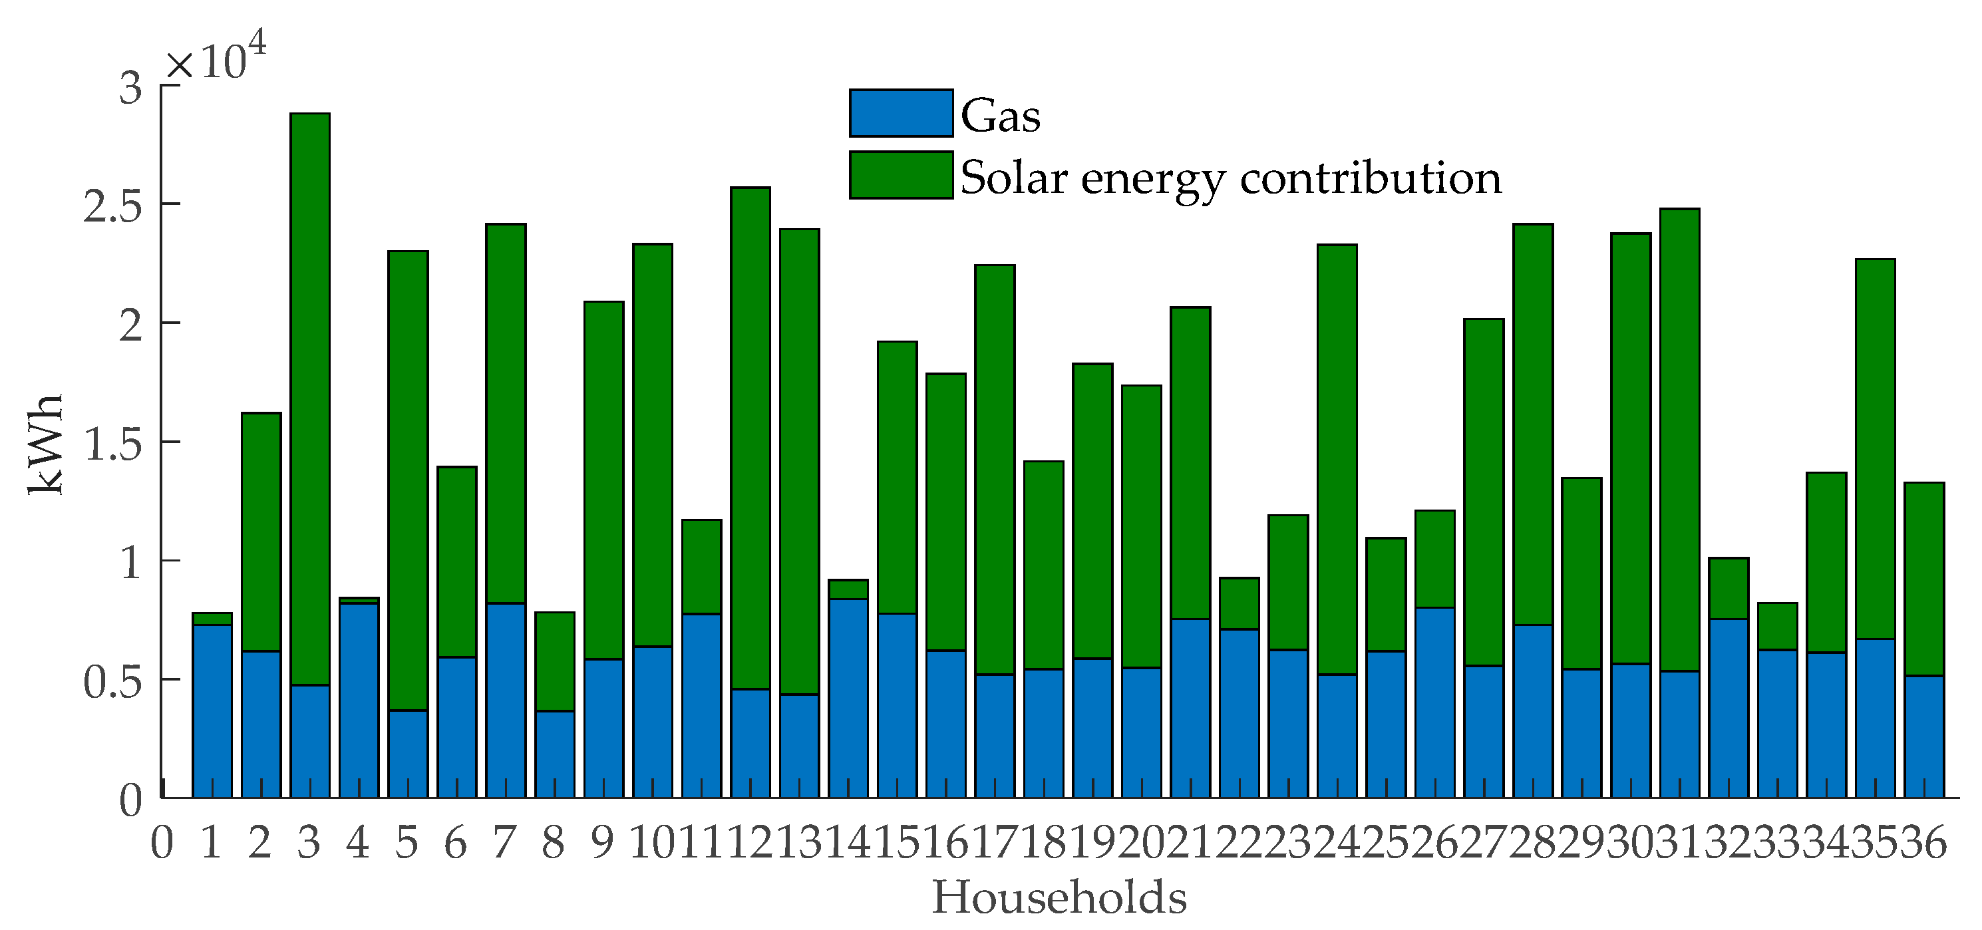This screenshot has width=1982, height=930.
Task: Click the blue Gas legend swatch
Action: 900,114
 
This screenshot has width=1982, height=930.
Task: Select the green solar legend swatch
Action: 900,176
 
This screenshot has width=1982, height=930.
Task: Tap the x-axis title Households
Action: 1059,897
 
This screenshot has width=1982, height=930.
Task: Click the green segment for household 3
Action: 310,398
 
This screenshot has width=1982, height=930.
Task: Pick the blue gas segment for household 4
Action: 359,700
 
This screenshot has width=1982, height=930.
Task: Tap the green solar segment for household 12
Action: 750,438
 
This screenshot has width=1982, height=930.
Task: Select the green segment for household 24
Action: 1337,459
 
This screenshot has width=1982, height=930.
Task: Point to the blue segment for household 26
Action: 1435,702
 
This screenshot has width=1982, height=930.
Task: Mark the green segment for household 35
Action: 1875,448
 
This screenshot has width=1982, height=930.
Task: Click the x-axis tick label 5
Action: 407,843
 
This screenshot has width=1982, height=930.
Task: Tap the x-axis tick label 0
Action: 162,843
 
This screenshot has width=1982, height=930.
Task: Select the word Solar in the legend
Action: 1014,178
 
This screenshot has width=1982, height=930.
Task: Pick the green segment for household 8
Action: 555,661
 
